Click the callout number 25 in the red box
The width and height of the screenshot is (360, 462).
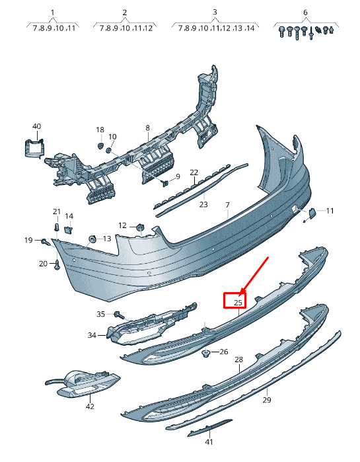point(238,302)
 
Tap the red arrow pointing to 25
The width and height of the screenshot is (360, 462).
point(254,276)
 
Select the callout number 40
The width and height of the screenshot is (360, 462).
point(36,126)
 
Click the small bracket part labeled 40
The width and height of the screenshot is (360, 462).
point(34,149)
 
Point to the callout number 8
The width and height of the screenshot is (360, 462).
point(147,128)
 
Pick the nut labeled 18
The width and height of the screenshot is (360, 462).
point(100,146)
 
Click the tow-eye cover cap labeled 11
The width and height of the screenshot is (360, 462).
point(311,213)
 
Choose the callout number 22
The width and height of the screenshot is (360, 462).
point(194,172)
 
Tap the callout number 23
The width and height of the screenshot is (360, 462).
point(203,204)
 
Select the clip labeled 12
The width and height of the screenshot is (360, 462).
point(140,227)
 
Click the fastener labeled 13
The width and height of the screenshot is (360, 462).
point(92,239)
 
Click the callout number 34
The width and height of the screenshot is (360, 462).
point(92,335)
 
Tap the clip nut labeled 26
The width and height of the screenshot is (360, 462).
point(205,353)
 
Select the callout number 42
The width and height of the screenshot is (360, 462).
point(90,406)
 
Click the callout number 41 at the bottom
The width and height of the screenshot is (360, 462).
point(209,442)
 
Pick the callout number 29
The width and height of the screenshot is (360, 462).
point(267,400)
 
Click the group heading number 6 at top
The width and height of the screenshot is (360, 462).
point(305,13)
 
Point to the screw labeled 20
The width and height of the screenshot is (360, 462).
point(57,265)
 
